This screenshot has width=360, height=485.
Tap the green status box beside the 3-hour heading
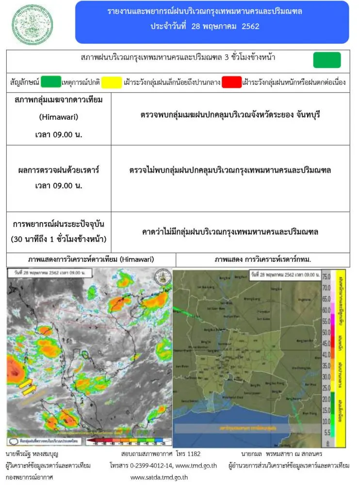click(x=327, y=60)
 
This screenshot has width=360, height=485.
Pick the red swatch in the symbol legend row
click(x=231, y=82)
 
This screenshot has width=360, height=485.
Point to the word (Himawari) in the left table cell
click(x=58, y=117)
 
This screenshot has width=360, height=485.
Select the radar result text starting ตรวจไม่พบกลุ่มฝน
click(x=230, y=170)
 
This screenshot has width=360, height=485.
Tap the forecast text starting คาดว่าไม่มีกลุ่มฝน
click(x=230, y=232)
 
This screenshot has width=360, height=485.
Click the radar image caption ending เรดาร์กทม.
click(x=262, y=259)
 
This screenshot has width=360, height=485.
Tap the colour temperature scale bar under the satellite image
click(x=125, y=442)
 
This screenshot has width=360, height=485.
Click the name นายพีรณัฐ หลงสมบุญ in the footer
click(x=34, y=454)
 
